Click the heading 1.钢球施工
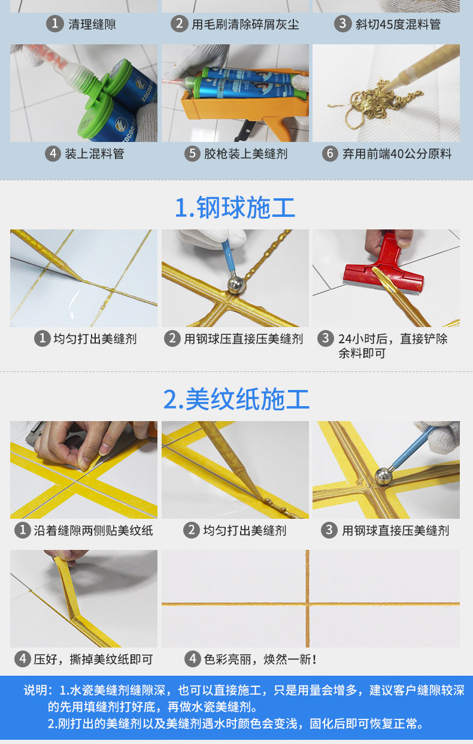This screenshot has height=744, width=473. tap(235, 208)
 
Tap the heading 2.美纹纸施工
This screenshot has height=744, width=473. tap(236, 399)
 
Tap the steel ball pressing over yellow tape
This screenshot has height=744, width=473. tap(384, 476)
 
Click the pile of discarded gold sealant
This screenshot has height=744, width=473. tap(372, 103)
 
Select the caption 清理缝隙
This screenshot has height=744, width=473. tap(92, 24)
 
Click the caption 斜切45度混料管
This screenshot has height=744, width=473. tap(398, 24)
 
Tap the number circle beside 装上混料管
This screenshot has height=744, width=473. tap(53, 154)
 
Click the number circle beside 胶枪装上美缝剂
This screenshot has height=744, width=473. tap(192, 154)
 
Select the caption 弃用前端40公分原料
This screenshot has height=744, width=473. tap(396, 154)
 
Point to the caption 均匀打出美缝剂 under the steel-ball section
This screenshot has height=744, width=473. tap(95, 339)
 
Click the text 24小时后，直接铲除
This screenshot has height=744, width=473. tap(393, 339)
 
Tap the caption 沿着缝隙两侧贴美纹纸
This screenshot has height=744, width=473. tap(93, 530)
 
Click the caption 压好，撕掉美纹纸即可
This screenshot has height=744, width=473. tap(93, 660)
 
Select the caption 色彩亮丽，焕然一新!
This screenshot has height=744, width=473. tap(260, 660)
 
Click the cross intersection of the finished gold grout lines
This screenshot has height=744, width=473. tap(307, 603)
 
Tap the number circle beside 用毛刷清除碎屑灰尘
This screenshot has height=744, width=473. tap(179, 24)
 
